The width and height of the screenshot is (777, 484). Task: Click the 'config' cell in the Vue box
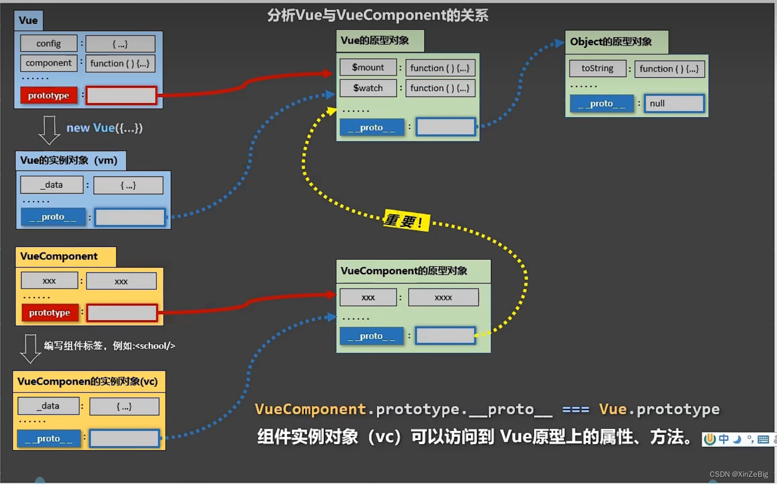click(49, 43)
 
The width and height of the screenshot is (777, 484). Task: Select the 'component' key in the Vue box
click(49, 63)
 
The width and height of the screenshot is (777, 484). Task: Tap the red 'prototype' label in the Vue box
click(49, 95)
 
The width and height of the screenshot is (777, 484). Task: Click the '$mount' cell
click(368, 68)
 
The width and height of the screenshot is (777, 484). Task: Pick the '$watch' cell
click(368, 88)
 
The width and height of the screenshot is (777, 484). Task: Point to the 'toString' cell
click(597, 68)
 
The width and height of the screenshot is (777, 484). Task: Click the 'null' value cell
click(674, 103)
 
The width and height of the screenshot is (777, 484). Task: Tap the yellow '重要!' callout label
click(406, 221)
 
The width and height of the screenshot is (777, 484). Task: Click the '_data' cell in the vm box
click(52, 185)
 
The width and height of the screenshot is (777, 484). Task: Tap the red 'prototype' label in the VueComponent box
click(50, 313)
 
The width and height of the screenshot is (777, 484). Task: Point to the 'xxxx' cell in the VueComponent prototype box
click(443, 298)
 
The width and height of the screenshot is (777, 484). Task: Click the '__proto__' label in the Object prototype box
click(602, 104)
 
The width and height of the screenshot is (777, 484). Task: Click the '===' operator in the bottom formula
click(576, 410)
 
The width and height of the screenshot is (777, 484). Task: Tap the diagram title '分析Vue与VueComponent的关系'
click(378, 15)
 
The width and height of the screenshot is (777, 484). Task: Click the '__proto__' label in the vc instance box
click(49, 438)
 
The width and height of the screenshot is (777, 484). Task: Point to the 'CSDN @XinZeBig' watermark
click(739, 474)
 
